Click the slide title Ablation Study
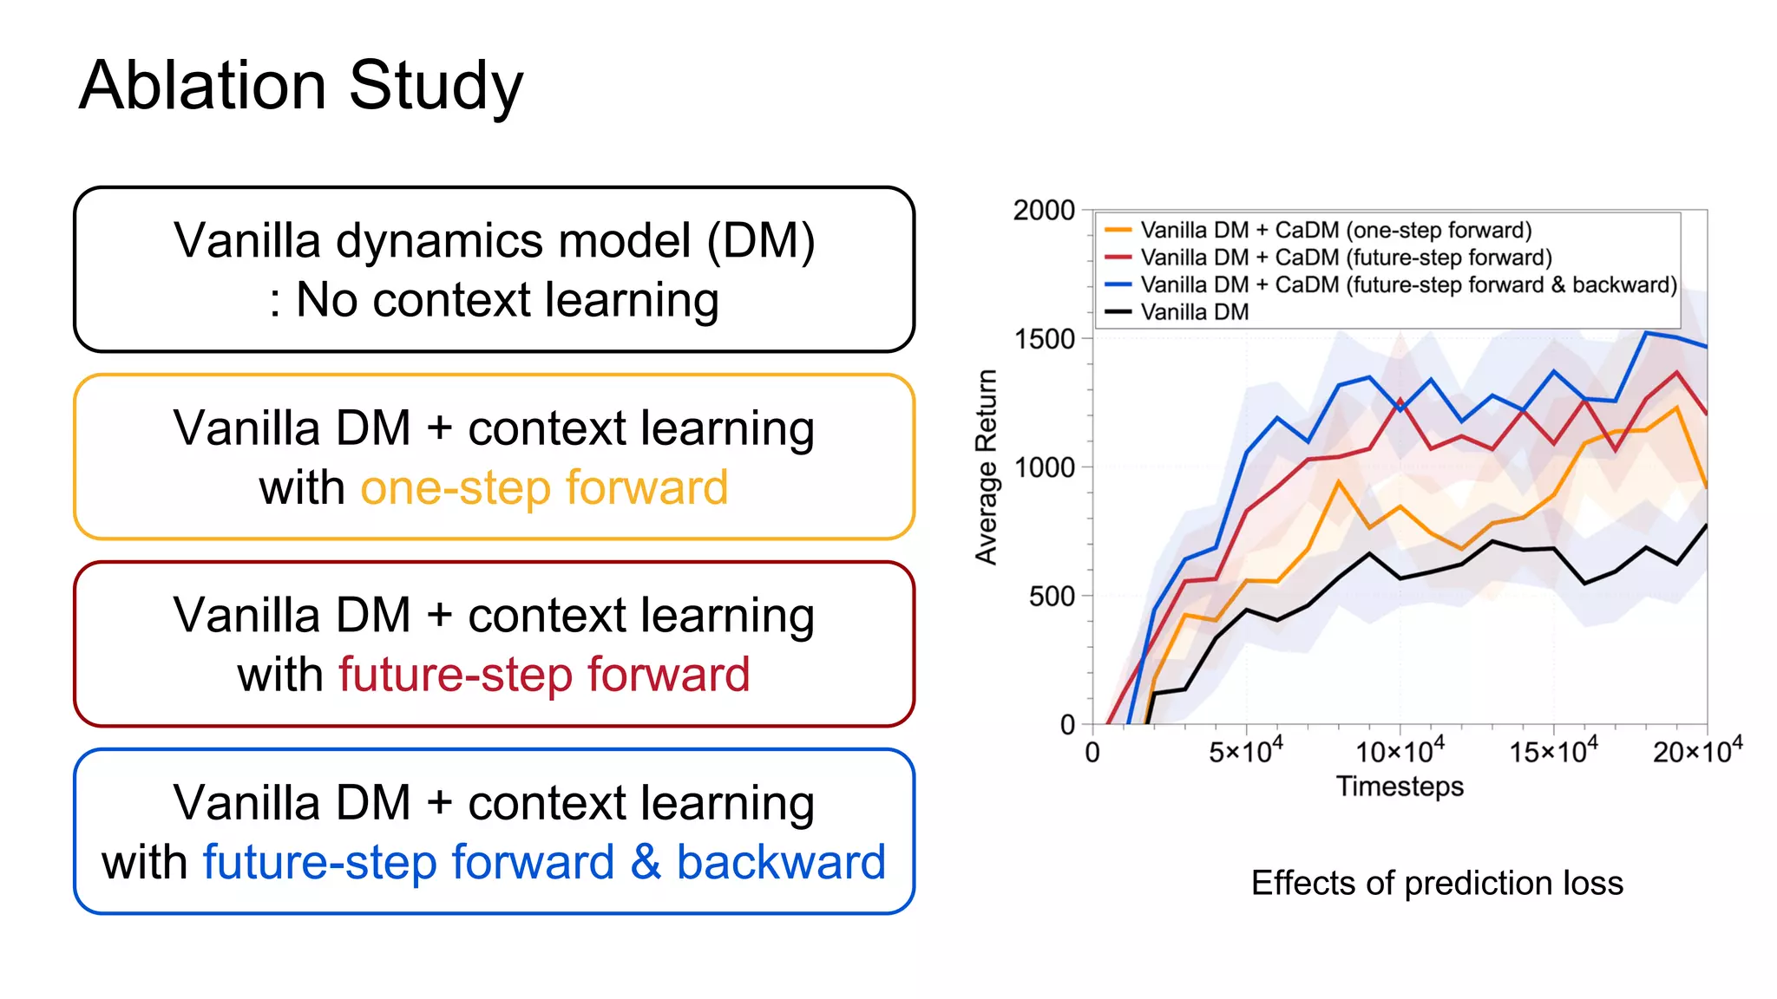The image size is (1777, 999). [x=301, y=85]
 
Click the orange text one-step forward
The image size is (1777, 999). [x=544, y=487]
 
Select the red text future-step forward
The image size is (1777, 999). [x=544, y=675]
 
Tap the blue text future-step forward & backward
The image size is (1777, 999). [x=544, y=862]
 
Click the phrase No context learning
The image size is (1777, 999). [x=508, y=300]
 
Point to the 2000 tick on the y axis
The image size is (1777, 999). [x=1044, y=211]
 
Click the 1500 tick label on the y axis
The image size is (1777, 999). [x=1044, y=339]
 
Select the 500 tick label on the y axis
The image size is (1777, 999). [x=1051, y=597]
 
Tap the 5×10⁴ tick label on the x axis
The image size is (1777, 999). [x=1246, y=750]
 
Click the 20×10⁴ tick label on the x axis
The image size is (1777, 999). [x=1697, y=750]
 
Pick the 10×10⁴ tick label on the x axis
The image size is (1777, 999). [x=1400, y=750]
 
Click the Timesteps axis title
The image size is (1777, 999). [x=1400, y=787]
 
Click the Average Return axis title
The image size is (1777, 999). [x=987, y=467]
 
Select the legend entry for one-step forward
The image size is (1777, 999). [x=1335, y=231]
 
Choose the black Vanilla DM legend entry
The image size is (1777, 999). [x=1194, y=312]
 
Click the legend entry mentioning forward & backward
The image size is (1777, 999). [x=1407, y=285]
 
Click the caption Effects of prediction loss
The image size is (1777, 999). [x=1437, y=883]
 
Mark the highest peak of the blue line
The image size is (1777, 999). [x=1646, y=332]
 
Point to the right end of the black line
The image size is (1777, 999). [x=1706, y=526]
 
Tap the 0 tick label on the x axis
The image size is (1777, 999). [x=1092, y=752]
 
